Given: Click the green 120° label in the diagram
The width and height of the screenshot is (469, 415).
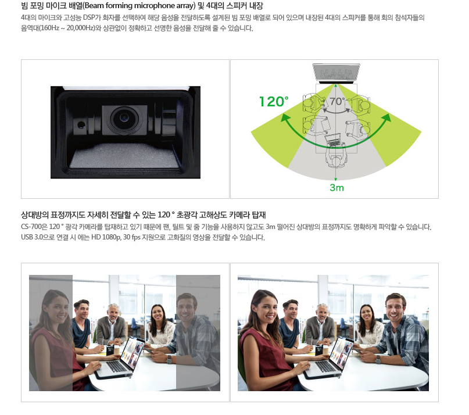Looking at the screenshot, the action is (x=274, y=102).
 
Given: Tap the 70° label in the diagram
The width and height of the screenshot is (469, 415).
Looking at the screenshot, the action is (x=337, y=102).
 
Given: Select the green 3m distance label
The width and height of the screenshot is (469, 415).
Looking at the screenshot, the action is (x=336, y=188).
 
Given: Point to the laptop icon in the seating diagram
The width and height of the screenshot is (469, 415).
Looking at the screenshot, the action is (x=335, y=140).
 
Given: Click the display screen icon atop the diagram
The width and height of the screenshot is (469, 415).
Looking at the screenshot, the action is (x=336, y=73).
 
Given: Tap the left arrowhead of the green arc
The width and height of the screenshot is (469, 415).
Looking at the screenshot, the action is (x=284, y=117).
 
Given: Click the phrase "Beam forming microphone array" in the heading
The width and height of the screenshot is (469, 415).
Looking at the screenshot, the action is (x=140, y=6).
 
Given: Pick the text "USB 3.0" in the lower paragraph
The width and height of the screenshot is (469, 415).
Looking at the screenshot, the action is (x=30, y=237).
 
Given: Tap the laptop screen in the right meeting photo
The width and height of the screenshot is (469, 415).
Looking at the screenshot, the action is (x=343, y=352).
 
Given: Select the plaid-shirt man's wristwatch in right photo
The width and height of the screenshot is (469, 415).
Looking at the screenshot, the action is (x=378, y=359).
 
